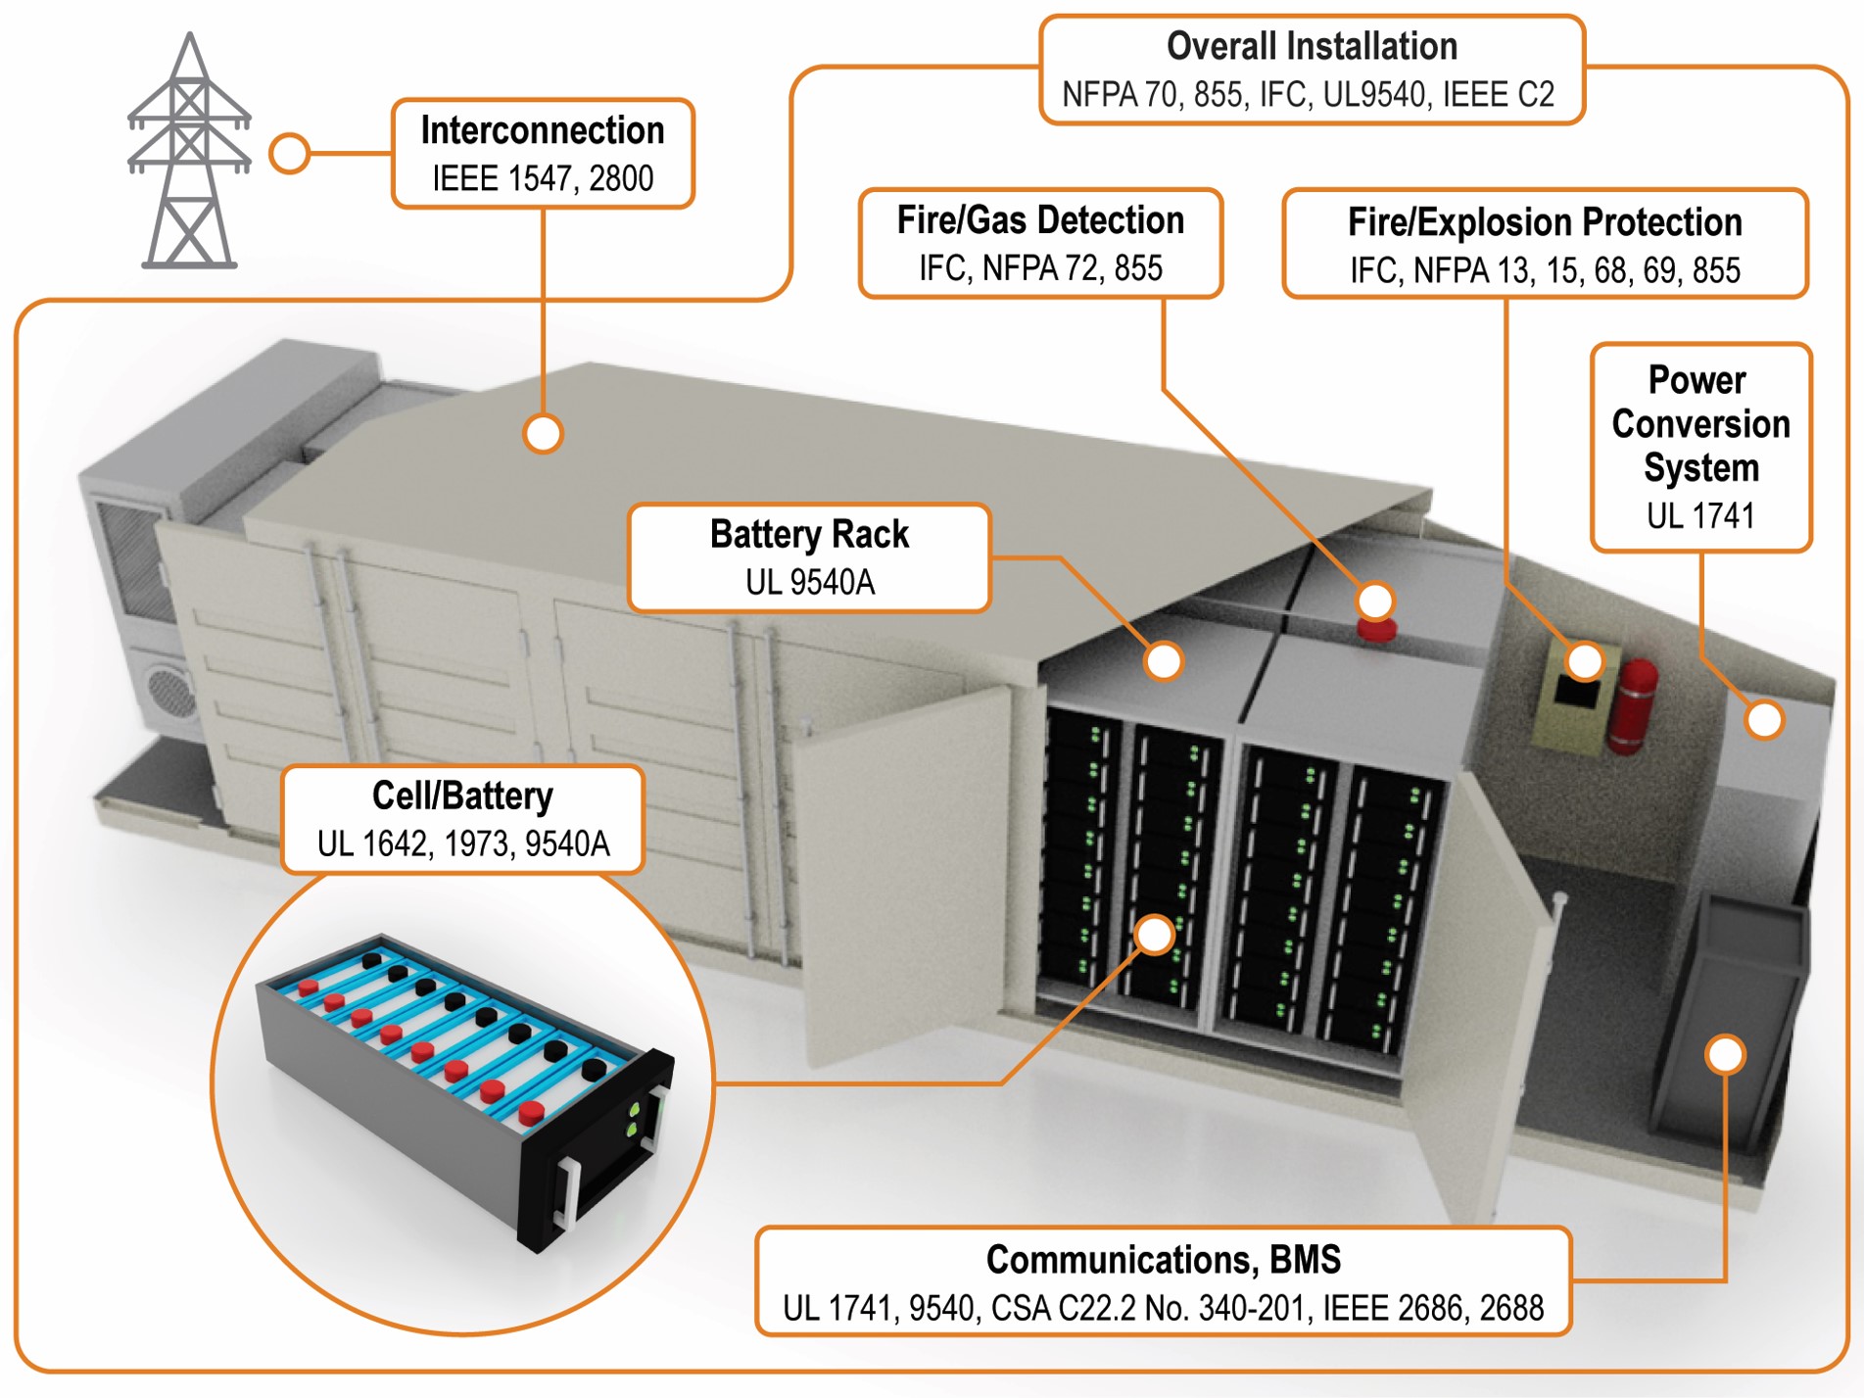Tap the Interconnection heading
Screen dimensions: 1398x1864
(x=543, y=130)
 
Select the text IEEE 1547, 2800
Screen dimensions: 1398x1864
(x=543, y=178)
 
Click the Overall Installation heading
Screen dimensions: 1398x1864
(x=1311, y=46)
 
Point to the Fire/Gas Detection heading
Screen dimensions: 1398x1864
(x=1040, y=220)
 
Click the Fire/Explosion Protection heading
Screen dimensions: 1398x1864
(x=1544, y=222)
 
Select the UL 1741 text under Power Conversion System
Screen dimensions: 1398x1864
(x=1699, y=515)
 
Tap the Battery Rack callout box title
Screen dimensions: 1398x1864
(x=809, y=535)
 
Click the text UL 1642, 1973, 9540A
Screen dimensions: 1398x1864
(x=463, y=844)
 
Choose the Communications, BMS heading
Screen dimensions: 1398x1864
(x=1163, y=1260)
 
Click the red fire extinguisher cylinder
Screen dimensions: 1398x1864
(x=1635, y=705)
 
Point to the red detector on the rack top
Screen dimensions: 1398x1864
(x=1376, y=628)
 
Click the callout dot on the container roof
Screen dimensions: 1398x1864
(x=543, y=433)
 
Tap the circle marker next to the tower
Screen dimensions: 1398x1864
(x=290, y=154)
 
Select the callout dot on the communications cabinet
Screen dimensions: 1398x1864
(x=1725, y=1054)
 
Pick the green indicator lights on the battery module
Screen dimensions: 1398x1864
(x=634, y=1119)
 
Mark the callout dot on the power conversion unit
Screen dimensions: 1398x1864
(x=1764, y=720)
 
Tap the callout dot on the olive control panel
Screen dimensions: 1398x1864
(x=1585, y=661)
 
